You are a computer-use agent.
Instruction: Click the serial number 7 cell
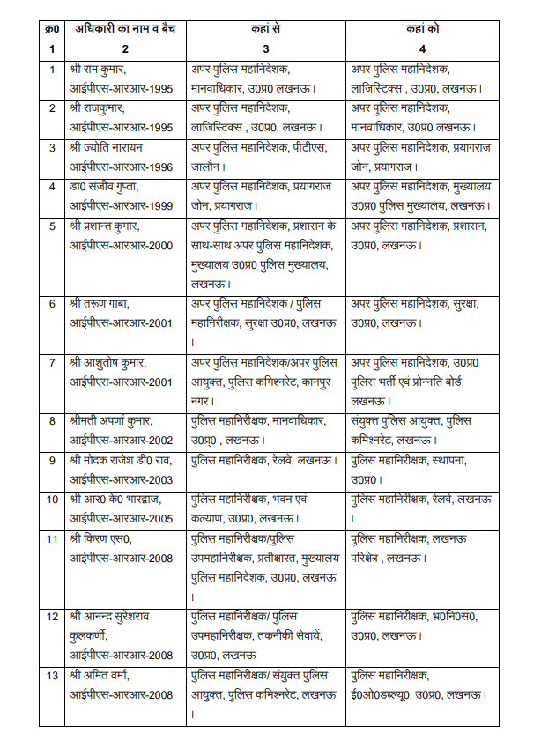[x=52, y=362]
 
